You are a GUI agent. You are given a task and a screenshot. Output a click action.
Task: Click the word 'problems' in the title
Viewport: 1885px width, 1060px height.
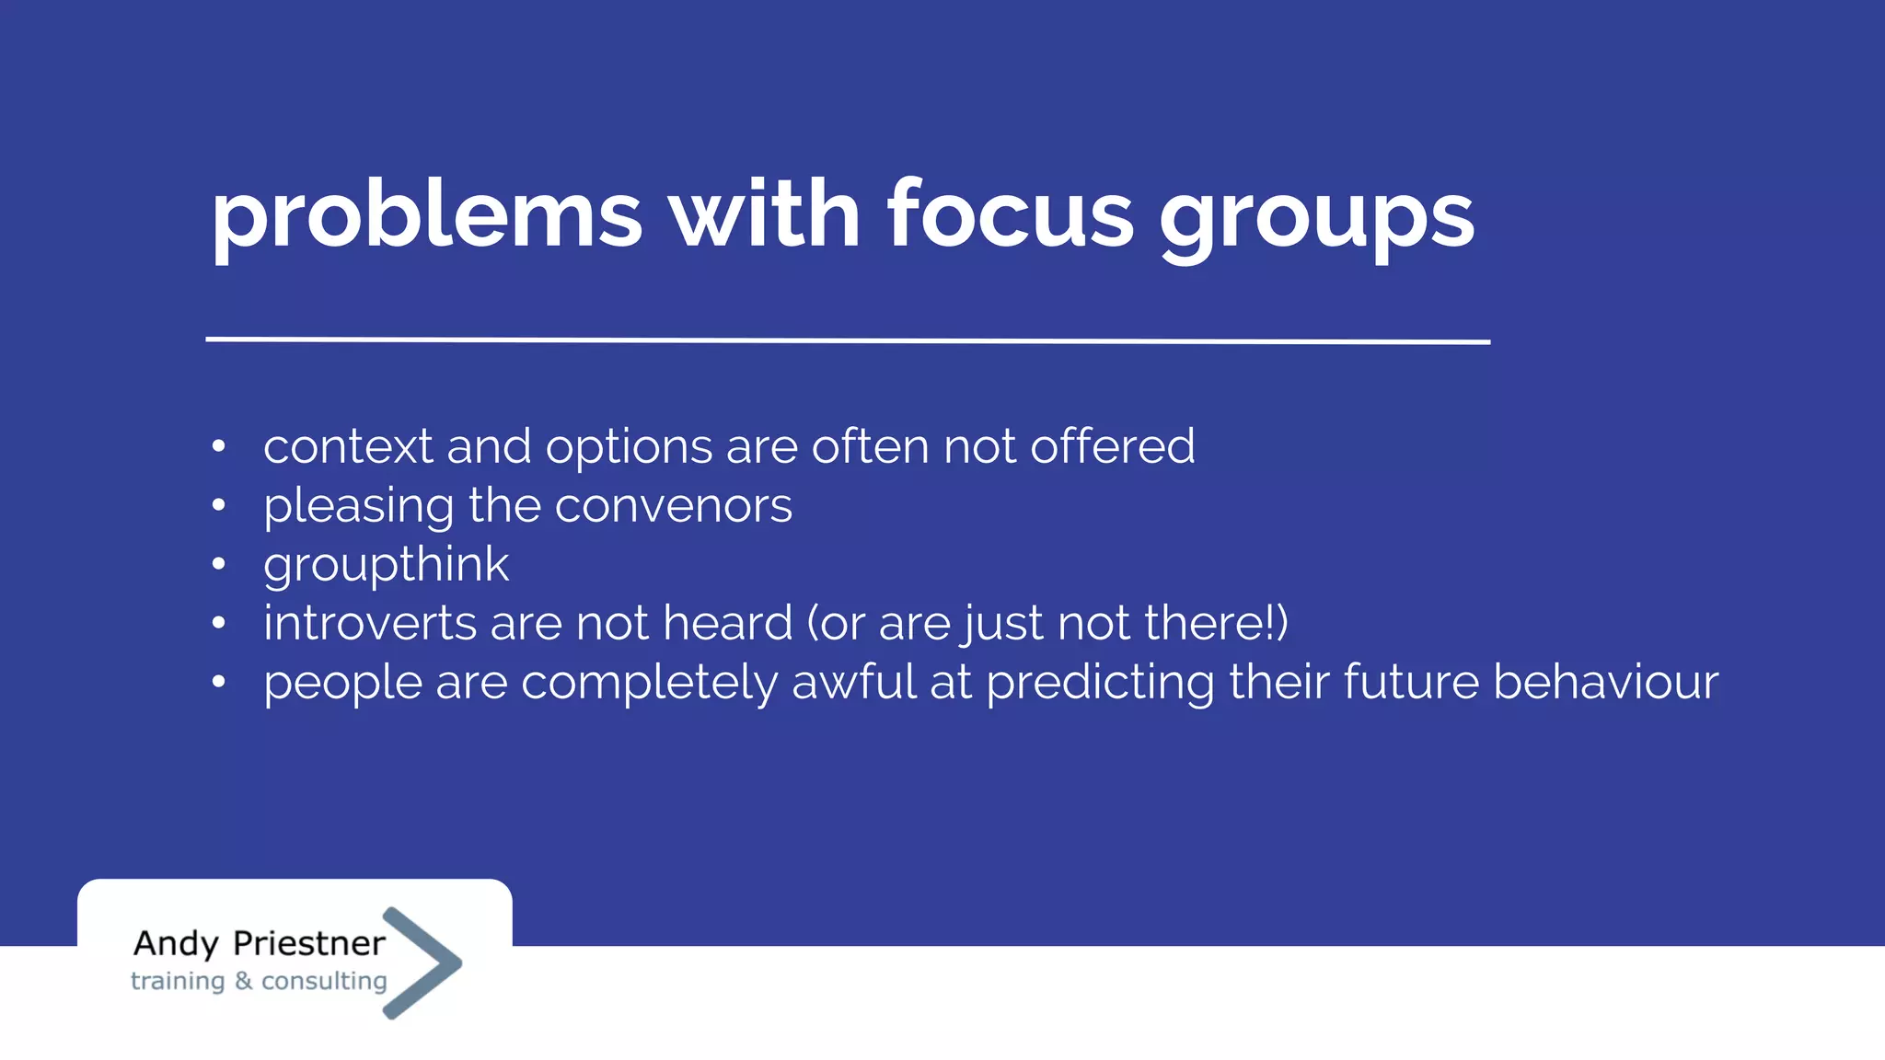(426, 217)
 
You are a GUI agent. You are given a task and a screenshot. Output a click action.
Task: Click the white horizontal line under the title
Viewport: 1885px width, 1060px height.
(847, 340)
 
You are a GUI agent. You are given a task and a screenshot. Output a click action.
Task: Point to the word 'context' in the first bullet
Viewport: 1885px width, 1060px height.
(347, 447)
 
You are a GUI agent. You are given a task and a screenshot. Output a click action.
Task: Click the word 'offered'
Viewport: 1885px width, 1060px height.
(1112, 446)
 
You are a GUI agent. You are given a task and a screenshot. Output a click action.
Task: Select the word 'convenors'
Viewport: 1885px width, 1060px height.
(673, 506)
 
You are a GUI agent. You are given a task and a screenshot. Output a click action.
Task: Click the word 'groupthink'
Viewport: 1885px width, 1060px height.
(386, 565)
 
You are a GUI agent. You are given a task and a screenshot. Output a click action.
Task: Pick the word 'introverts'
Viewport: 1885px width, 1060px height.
(369, 624)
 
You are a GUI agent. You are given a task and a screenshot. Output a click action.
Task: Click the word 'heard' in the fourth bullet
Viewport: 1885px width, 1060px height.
(727, 623)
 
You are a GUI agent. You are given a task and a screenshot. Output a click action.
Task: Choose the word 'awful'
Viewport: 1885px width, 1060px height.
(853, 682)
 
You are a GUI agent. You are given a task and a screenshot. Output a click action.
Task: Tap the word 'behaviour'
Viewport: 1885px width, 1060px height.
(1605, 682)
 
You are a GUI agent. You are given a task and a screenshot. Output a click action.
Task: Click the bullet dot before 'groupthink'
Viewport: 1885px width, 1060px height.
(218, 564)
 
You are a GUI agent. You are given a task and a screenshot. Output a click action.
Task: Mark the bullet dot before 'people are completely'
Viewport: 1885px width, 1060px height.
(218, 682)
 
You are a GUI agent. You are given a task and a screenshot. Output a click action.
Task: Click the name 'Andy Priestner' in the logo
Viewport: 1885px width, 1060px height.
(259, 944)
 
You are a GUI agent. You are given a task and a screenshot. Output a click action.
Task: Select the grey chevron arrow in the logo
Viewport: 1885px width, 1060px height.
(422, 962)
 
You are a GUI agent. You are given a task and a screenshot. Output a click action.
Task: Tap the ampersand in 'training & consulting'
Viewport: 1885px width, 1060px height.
(243, 981)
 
